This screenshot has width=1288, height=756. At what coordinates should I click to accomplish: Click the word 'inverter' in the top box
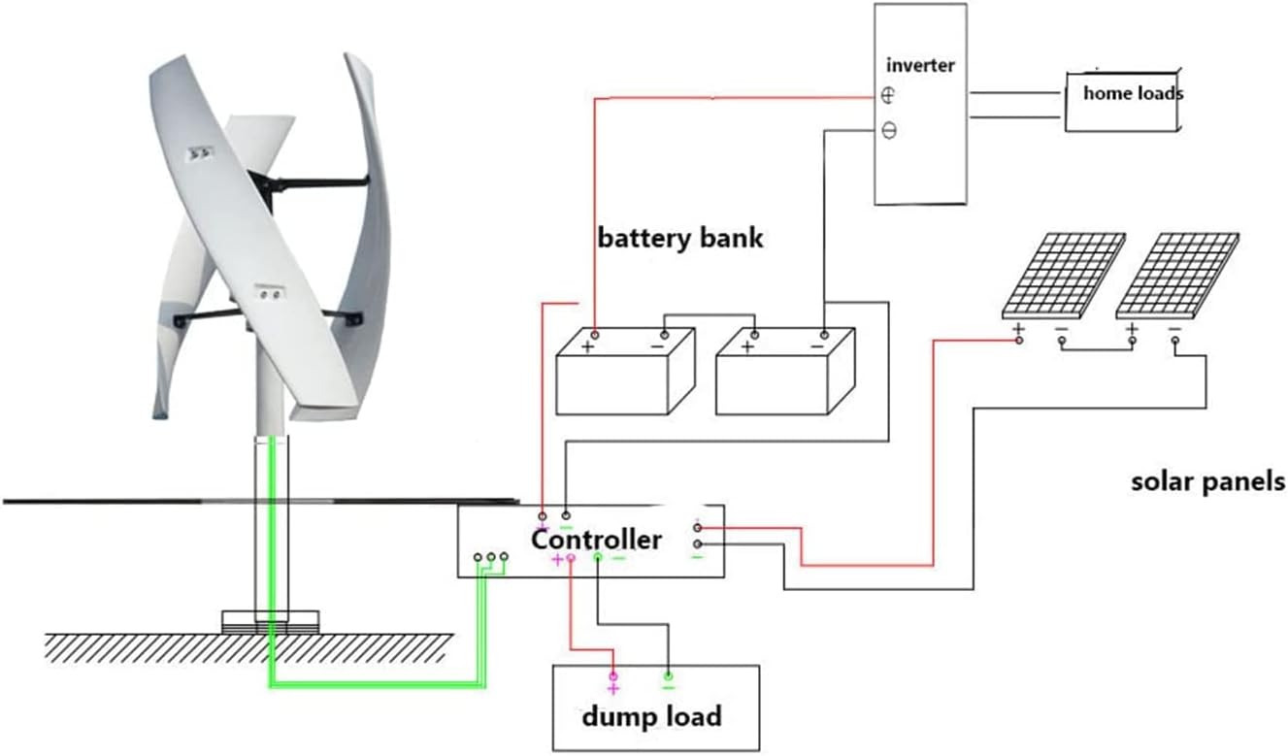pos(920,66)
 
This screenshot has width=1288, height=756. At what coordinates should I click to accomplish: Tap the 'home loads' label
pos(1133,94)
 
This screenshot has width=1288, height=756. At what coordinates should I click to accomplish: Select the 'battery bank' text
pos(680,238)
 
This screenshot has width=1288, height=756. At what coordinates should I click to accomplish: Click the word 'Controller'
pos(596,540)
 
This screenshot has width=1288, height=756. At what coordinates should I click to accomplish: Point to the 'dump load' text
pos(651,717)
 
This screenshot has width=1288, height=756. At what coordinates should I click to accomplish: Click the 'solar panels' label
pos(1207,481)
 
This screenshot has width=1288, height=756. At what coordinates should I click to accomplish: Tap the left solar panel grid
pos(1064,276)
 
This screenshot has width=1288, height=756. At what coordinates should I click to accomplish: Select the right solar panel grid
pos(1177,276)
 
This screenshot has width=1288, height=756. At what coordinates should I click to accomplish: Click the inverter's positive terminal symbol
pos(888,95)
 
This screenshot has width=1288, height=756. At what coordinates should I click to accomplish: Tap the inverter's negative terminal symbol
pos(888,130)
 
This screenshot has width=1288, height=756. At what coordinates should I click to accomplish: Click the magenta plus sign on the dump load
pos(612,688)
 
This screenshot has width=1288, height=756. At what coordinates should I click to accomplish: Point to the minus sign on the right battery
pos(816,345)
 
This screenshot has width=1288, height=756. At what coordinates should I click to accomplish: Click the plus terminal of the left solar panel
pos(1018,331)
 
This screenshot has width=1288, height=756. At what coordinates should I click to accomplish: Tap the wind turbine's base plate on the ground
pos(270,621)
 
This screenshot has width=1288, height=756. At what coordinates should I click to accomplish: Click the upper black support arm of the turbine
pos(309,181)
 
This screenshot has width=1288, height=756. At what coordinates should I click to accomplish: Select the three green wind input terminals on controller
pos(491,558)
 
